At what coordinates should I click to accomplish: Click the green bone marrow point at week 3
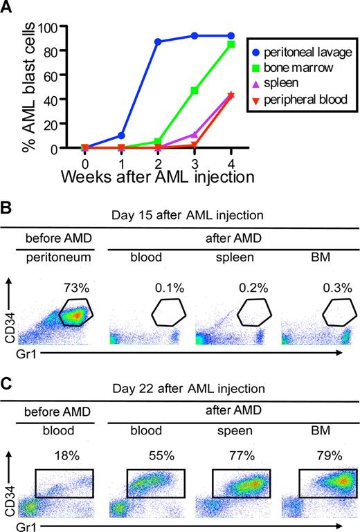(195, 91)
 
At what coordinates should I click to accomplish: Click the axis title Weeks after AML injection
(156, 176)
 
